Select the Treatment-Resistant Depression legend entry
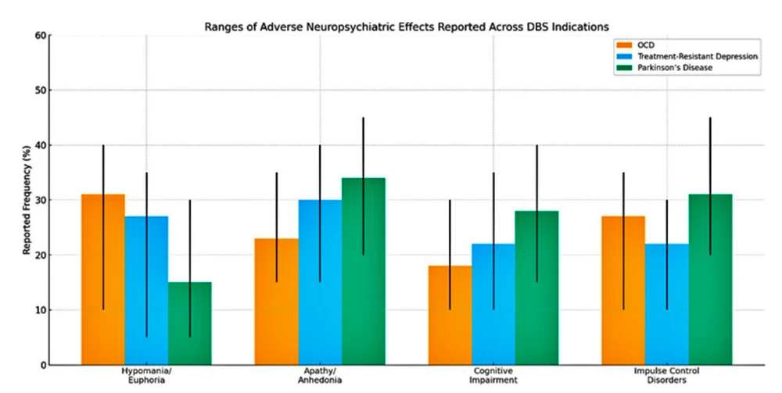tap(688, 56)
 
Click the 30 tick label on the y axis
tap(41, 200)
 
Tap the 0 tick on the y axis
tap(43, 365)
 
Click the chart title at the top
tap(407, 26)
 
